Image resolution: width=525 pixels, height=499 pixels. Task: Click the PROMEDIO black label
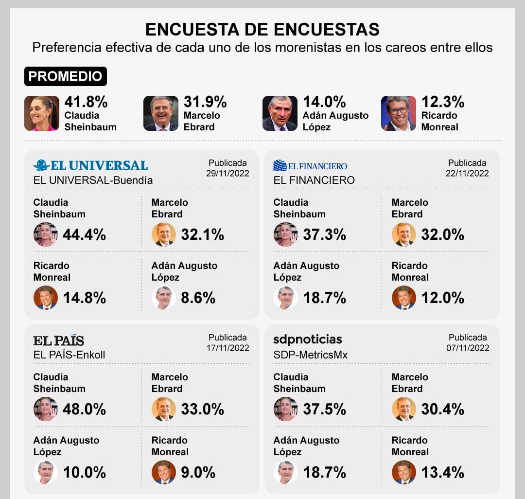click(65, 76)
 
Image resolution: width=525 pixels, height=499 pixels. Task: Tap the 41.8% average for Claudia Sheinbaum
click(86, 102)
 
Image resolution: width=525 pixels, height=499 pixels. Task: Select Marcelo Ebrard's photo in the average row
click(161, 113)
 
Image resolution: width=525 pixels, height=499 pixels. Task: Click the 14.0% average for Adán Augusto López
click(324, 102)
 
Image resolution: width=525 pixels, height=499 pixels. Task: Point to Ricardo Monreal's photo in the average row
click(399, 113)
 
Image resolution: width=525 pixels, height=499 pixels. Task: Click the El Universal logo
click(90, 165)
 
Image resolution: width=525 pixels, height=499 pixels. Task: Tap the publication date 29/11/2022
click(228, 173)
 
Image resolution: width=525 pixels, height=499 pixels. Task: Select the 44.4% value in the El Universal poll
click(84, 235)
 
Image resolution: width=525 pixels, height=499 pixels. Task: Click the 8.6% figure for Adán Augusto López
click(198, 298)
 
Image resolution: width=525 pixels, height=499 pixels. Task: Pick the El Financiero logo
click(310, 166)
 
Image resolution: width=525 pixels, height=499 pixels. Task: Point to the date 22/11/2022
click(468, 173)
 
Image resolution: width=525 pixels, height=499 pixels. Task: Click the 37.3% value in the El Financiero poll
click(324, 235)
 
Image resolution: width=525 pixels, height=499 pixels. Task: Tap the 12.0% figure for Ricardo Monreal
click(442, 298)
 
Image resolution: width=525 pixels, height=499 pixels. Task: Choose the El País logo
click(58, 340)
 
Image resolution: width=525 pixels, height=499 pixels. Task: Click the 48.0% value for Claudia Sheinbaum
click(84, 410)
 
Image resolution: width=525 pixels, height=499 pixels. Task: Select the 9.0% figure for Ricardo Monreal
click(198, 472)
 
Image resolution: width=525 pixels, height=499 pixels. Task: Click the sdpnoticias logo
click(308, 339)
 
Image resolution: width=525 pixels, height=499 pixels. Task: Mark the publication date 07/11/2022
click(468, 348)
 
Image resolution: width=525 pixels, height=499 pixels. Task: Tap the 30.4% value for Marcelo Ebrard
click(442, 410)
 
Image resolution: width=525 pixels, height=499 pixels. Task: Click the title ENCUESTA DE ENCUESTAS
click(262, 30)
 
